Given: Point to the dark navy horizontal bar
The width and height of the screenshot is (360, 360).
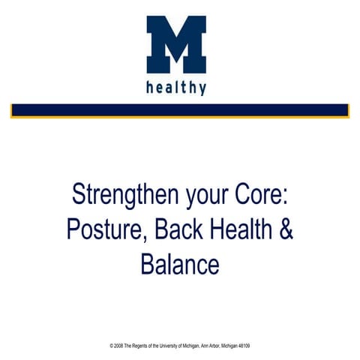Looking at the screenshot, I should pos(180,109).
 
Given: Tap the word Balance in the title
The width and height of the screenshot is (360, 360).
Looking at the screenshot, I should pos(180,263).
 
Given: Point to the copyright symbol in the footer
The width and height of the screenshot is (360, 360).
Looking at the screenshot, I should pos(111,346).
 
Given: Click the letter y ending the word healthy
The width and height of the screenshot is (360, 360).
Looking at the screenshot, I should pos(202,89).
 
